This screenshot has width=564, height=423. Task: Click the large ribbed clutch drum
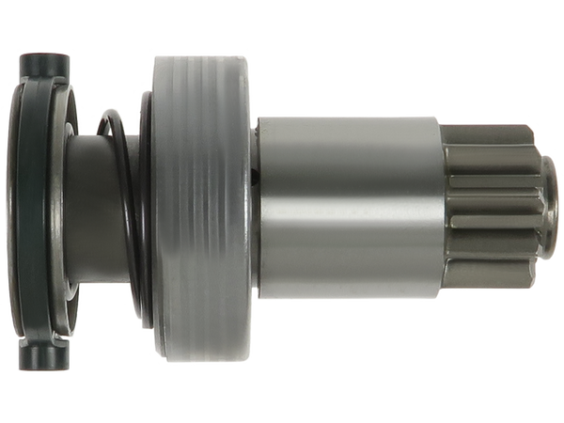[202, 211]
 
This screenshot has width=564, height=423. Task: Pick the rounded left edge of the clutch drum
[150, 211]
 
